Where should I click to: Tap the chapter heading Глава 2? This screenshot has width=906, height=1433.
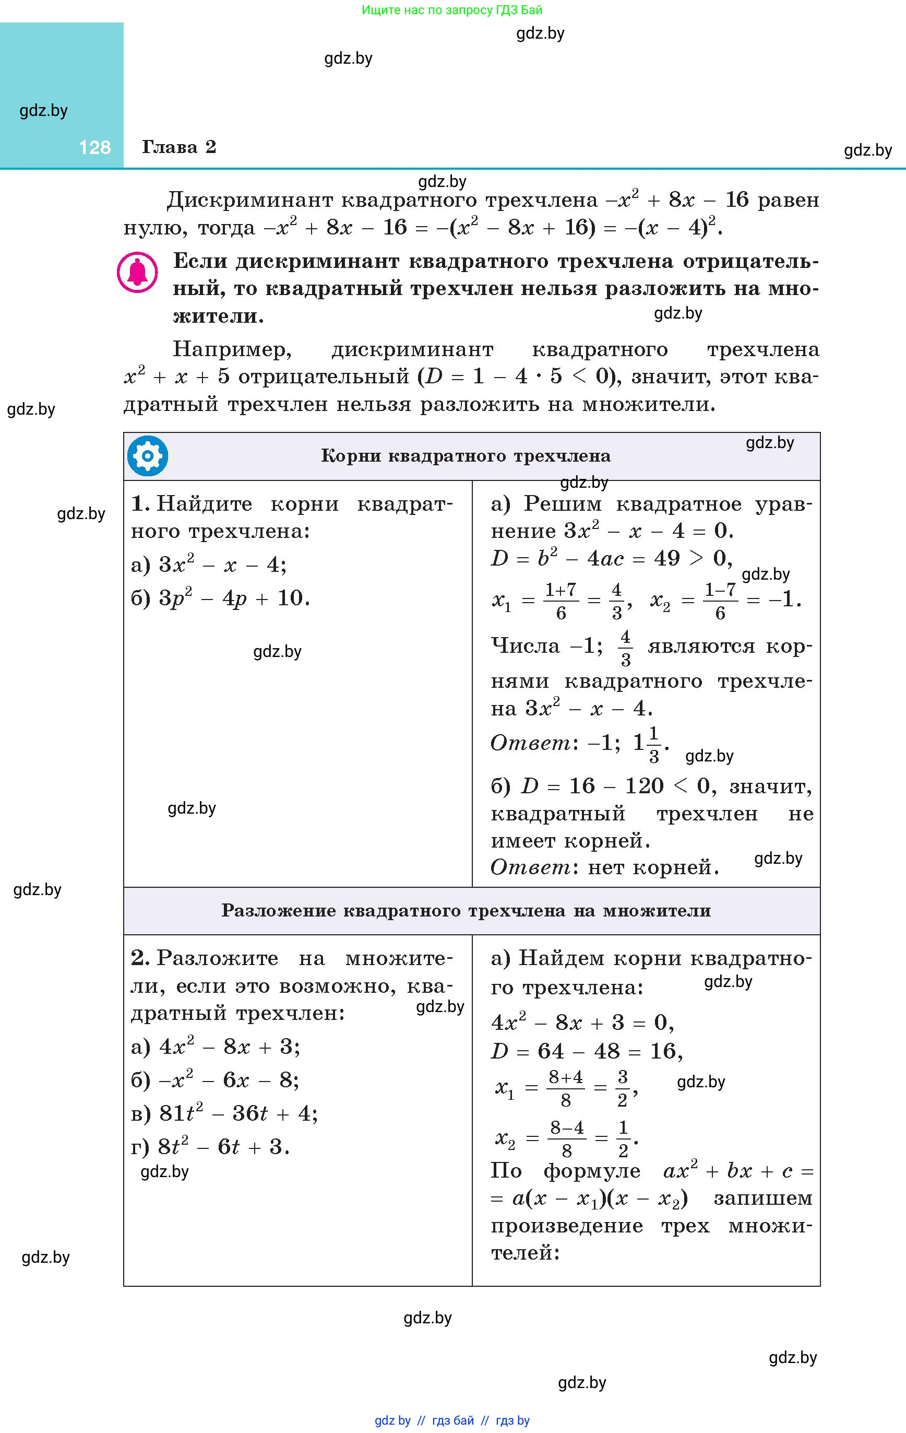178,147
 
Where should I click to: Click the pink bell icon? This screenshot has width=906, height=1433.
137,273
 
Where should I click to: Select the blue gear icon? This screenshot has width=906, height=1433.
148,456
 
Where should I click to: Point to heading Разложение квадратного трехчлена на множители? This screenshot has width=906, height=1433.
466,910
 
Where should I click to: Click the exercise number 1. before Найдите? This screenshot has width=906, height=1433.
140,504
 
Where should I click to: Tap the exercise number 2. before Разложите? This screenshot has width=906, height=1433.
140,958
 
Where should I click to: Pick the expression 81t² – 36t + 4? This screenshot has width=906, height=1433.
238,1113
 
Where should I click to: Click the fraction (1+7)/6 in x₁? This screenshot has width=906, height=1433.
561,601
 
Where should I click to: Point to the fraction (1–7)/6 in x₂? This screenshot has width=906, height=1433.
720,601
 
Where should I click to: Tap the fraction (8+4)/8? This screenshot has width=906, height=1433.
566,1088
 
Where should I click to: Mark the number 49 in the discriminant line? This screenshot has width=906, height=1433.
666,558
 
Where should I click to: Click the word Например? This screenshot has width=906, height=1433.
232,349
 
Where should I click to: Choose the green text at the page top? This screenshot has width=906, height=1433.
452,9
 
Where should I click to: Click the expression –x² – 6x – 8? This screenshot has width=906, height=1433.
229,1080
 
